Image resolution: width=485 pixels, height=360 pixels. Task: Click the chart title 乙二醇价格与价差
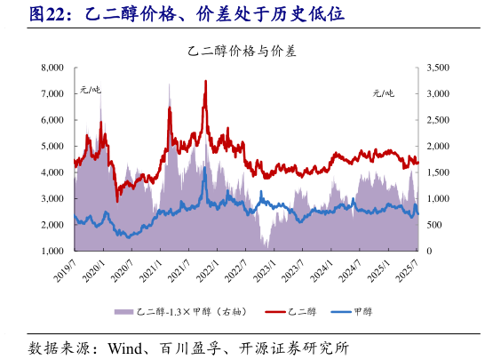coord(242,52)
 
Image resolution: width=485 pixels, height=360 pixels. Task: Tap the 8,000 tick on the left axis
coord(52,68)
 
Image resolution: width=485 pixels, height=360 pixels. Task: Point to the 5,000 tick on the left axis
coord(52,146)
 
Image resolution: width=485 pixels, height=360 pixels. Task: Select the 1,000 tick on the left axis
coord(52,252)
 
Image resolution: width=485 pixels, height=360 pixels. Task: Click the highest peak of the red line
coord(206,82)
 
